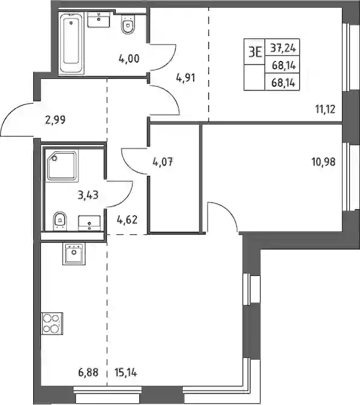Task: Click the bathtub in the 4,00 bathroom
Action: [x=72, y=43]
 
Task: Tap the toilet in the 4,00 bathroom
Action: [x=128, y=24]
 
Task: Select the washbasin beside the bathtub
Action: [x=99, y=19]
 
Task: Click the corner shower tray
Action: [x=62, y=166]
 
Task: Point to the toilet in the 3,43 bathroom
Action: [x=60, y=221]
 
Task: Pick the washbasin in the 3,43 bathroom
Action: [x=89, y=222]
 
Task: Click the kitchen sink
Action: [x=74, y=254]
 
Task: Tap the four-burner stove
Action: [x=52, y=324]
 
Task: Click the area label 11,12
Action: [x=325, y=109]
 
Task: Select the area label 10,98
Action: [x=324, y=162]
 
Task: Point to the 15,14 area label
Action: [x=125, y=372]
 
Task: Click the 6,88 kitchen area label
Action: [x=88, y=372]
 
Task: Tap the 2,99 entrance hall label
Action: [x=55, y=120]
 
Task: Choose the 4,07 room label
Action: [x=163, y=162]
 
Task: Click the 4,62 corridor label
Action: [x=127, y=220]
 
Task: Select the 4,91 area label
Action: [x=186, y=78]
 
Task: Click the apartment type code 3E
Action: [x=255, y=52]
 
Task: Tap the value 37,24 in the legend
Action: [x=282, y=48]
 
